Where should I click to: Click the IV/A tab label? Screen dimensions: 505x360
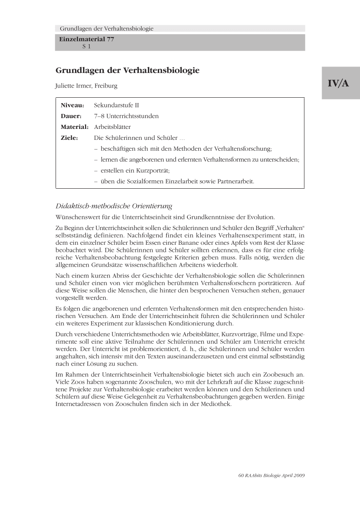coord(339,83)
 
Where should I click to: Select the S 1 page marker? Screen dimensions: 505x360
coord(86,46)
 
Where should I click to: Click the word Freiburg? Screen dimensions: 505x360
coord(106,86)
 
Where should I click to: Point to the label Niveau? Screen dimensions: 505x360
coord(72,105)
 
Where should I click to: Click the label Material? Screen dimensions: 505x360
coord(75,127)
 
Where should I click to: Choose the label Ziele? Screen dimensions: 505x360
coord(69,138)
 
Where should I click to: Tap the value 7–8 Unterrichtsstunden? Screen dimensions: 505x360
coord(126,116)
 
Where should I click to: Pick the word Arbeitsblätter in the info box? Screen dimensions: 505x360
coord(112,127)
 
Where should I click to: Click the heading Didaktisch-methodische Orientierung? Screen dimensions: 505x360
coord(114,206)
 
